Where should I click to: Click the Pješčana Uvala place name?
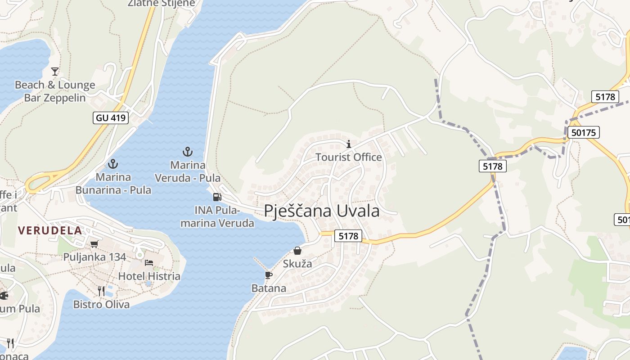pos(321,211)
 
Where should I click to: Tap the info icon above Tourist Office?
pos(348,144)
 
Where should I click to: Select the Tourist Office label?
pos(348,157)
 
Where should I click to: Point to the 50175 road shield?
pos(583,132)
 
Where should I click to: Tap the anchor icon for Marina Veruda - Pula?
pos(188,151)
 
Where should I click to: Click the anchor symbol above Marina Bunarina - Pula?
pos(113,163)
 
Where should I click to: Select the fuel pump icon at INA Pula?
pos(217,197)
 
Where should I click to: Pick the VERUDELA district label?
pos(50,230)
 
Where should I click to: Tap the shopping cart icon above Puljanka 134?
pos(94,244)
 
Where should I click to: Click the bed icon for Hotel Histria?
pos(149,263)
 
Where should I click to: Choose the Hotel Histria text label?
pos(149,276)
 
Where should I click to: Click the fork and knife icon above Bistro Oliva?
pos(101,291)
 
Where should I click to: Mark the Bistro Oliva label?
pos(101,304)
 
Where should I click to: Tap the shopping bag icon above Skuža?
pos(297,251)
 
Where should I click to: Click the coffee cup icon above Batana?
pos(269,275)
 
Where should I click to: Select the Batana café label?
pos(269,288)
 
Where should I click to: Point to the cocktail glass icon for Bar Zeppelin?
pos(55,72)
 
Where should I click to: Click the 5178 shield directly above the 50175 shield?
pos(605,96)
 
